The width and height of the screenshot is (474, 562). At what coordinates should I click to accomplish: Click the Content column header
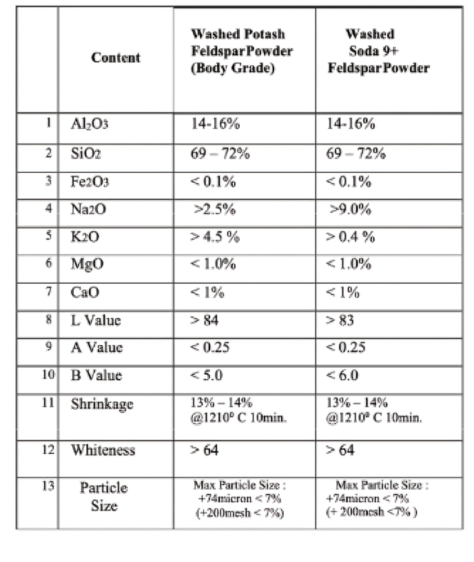click(115, 58)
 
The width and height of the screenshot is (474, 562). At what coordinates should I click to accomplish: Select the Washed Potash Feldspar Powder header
click(238, 52)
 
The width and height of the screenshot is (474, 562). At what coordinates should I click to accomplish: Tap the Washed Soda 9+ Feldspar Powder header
click(378, 52)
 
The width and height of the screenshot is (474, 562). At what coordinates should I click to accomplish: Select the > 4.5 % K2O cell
click(216, 237)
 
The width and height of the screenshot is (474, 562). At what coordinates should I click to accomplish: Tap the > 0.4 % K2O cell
click(351, 237)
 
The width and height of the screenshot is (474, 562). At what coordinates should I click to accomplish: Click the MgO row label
click(87, 265)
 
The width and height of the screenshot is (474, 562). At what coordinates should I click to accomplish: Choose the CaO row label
click(85, 293)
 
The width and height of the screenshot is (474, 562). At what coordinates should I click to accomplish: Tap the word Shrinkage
click(102, 404)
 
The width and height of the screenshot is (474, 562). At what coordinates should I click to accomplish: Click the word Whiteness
click(103, 450)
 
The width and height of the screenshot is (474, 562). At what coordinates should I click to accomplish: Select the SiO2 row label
click(86, 153)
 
